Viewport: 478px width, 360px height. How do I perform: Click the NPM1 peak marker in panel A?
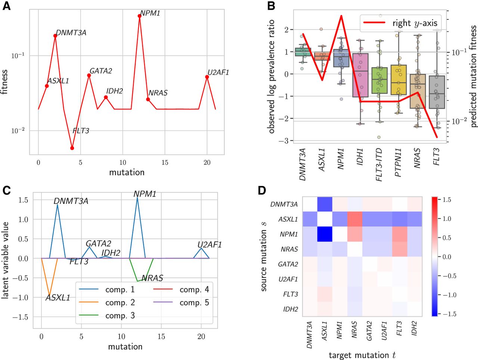tap(139, 16)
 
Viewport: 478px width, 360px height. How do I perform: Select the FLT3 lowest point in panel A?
tap(72, 148)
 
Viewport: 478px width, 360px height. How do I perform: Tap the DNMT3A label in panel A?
tap(71, 33)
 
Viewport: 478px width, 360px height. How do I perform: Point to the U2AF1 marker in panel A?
tap(207, 77)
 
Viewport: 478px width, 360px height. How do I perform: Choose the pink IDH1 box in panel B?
tap(360, 75)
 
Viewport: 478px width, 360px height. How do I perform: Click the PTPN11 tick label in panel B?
tap(398, 162)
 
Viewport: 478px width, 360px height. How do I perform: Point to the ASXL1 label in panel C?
tap(58, 298)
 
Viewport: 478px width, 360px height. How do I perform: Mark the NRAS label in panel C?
tap(152, 278)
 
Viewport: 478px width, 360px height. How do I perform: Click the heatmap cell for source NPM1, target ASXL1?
tap(325, 234)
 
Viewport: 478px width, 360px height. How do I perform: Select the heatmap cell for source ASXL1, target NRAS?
tap(354, 219)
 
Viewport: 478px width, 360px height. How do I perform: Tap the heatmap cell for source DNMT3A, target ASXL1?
tap(325, 204)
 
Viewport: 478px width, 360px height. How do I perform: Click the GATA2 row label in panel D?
tap(288, 264)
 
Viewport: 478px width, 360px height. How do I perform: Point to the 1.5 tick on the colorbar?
tap(447, 200)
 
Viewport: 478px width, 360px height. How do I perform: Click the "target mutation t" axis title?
tap(362, 355)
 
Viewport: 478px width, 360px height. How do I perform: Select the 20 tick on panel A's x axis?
tap(207, 162)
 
